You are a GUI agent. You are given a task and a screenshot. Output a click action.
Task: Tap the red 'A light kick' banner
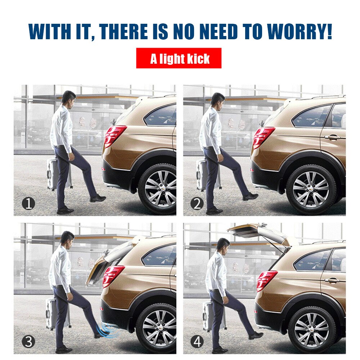coord(179,58)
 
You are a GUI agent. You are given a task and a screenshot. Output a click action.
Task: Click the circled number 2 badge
coord(197,204)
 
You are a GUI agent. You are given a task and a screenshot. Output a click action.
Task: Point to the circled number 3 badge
coord(28,341)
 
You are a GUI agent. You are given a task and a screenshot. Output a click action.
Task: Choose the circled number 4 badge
coord(197,341)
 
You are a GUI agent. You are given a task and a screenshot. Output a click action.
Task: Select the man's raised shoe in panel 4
coord(256,335)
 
